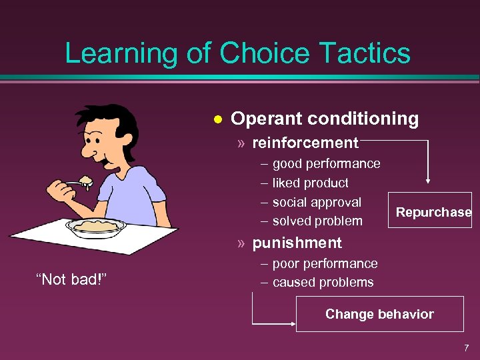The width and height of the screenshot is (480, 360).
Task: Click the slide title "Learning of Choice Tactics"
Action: coord(237,53)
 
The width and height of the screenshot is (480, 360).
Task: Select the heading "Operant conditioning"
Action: coord(325,119)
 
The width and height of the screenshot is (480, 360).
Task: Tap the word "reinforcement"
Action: coord(305,143)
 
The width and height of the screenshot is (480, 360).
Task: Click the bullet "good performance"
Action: coord(326,164)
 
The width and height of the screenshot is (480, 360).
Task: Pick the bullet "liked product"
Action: coord(310,183)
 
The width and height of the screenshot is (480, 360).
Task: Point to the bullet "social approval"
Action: coord(317,202)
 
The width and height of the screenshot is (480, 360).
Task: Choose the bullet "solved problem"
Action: coord(317,221)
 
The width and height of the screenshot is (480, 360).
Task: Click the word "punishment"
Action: coord(297,243)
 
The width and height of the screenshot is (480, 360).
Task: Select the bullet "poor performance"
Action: coord(325,263)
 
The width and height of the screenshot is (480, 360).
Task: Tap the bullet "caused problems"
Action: coord(323,282)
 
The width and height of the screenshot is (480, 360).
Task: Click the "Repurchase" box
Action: coord(433,213)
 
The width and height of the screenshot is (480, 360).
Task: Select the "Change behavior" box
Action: coord(379,314)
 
